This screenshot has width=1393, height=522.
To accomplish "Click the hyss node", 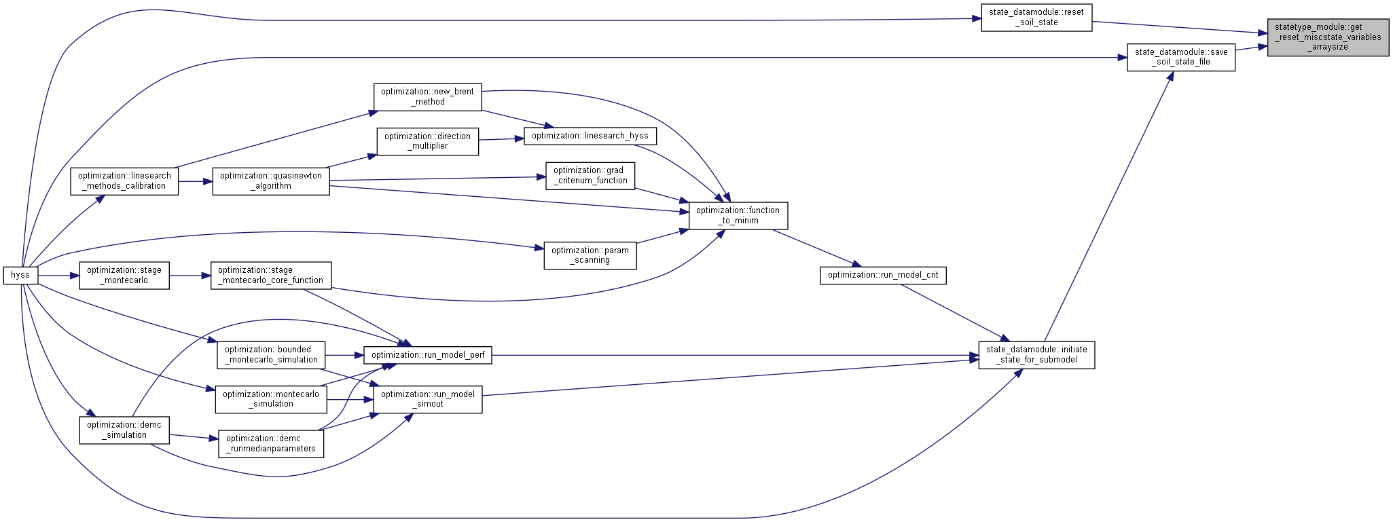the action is (20, 275).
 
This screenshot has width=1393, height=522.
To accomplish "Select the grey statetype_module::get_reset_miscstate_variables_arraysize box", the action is (1328, 37).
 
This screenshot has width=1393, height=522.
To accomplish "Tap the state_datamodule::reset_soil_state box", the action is (1036, 17).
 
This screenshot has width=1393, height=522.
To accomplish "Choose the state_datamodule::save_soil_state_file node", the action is (1181, 57).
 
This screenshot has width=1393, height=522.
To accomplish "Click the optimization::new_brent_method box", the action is (428, 97).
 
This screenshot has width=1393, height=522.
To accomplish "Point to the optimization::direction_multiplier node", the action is (428, 141).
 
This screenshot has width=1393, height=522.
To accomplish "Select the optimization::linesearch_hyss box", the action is (590, 136).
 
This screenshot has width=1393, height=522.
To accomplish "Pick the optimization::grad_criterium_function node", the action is (590, 175).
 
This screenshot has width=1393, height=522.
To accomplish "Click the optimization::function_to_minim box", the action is (738, 215).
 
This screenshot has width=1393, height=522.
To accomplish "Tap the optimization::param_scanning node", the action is (590, 255).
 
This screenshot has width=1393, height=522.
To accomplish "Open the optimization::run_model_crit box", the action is (883, 275).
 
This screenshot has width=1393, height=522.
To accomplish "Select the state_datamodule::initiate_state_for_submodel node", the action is (1036, 355).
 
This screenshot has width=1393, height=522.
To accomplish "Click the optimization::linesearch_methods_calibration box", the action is (124, 181).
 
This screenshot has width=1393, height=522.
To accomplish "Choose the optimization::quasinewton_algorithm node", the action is (271, 181).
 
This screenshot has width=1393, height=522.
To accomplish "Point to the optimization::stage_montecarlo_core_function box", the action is (271, 275).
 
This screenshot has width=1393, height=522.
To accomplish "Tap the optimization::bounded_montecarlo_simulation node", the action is (271, 355).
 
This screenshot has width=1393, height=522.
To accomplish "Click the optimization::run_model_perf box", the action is (428, 355).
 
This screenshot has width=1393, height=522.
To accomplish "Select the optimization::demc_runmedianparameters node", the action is (271, 444).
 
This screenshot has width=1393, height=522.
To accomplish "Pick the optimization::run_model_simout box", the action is (428, 399).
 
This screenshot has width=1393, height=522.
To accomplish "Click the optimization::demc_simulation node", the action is (124, 430).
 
